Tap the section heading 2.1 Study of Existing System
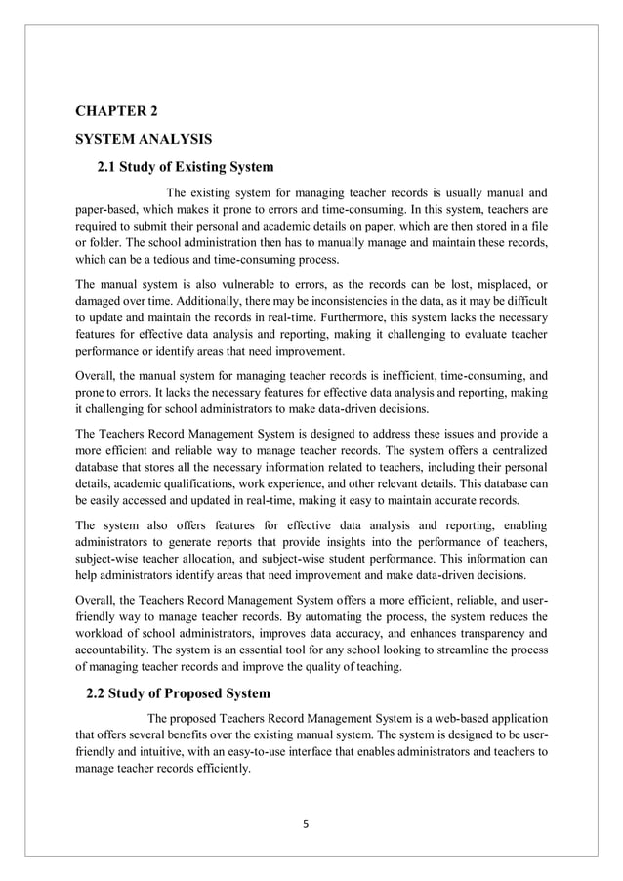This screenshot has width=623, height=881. click(186, 166)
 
